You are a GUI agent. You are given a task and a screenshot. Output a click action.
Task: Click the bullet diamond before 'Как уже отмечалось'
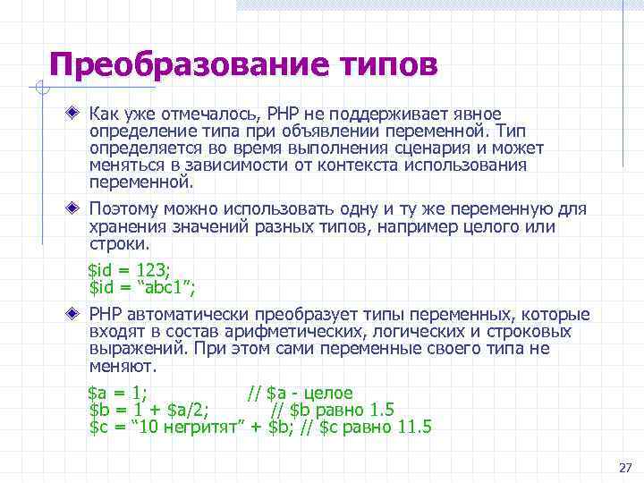point(75,114)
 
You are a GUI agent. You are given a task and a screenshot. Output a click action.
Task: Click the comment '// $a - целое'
point(300,393)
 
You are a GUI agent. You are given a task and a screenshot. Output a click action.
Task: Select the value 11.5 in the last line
point(413,427)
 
